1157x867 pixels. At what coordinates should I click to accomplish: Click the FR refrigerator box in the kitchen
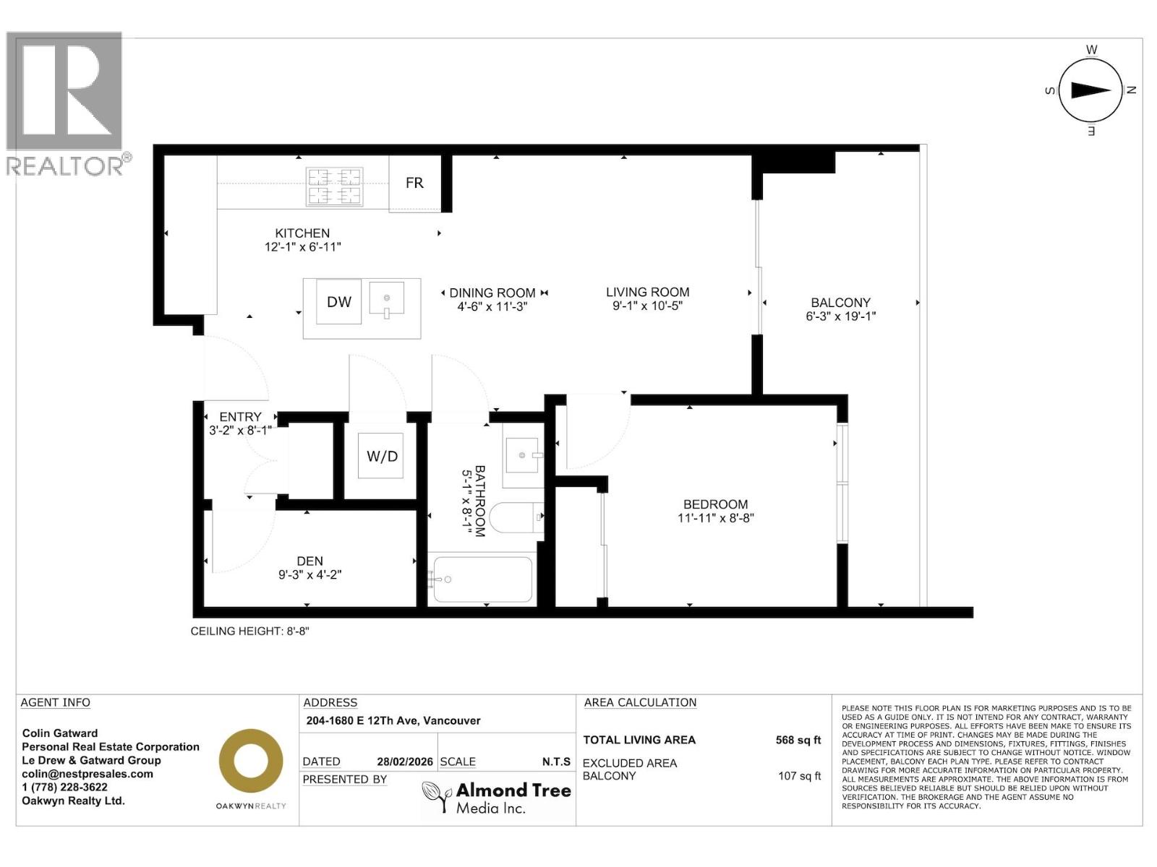pyautogui.click(x=414, y=184)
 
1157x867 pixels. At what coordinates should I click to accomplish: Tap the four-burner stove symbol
pyautogui.click(x=335, y=186)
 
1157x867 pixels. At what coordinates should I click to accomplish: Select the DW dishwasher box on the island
pyautogui.click(x=338, y=302)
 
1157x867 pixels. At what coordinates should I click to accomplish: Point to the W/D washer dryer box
pyautogui.click(x=382, y=456)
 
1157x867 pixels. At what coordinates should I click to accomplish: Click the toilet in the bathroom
pyautogui.click(x=515, y=517)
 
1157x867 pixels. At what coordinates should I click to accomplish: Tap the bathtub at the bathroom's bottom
pyautogui.click(x=481, y=579)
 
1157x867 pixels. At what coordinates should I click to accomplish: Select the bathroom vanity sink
pyautogui.click(x=521, y=456)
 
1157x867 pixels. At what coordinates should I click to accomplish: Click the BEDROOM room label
pyautogui.click(x=715, y=504)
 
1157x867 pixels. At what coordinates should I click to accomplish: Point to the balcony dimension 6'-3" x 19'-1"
pyautogui.click(x=840, y=316)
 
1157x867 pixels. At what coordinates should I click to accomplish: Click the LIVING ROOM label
pyautogui.click(x=647, y=292)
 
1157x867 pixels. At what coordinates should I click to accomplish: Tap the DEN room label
pyautogui.click(x=309, y=561)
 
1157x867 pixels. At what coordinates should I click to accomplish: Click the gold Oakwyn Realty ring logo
pyautogui.click(x=251, y=761)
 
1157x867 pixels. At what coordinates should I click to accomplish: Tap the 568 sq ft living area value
pyautogui.click(x=798, y=740)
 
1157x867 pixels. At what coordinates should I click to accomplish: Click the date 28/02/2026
pyautogui.click(x=404, y=762)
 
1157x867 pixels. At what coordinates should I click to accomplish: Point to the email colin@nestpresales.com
pyautogui.click(x=87, y=774)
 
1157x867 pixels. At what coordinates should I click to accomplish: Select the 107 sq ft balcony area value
pyautogui.click(x=799, y=776)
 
